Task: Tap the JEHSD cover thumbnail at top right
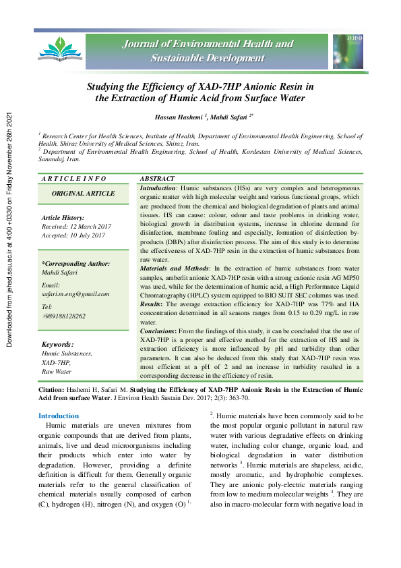click(x=348, y=51)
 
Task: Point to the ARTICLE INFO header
click(x=74, y=178)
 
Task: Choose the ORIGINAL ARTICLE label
click(x=84, y=194)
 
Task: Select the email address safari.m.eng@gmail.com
click(x=75, y=294)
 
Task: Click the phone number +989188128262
click(x=64, y=316)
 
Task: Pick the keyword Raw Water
click(x=57, y=372)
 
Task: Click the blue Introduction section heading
click(x=59, y=416)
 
